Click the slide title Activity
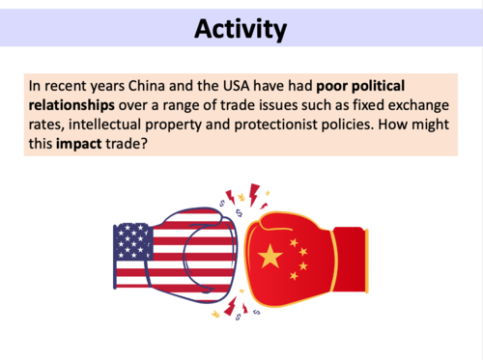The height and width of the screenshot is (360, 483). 241,30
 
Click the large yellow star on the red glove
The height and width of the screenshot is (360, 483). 271,257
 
